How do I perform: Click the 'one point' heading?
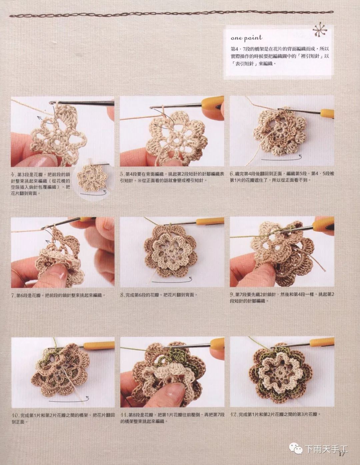(246, 38)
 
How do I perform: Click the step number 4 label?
(13, 175)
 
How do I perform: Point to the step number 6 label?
(232, 174)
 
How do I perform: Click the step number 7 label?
(13, 295)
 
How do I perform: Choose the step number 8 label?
(122, 295)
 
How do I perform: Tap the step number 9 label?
(232, 295)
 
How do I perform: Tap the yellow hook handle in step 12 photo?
(321, 342)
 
